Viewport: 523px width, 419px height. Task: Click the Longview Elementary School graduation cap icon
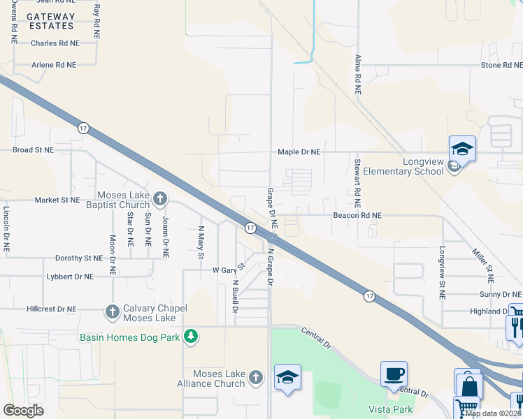pyautogui.click(x=462, y=148)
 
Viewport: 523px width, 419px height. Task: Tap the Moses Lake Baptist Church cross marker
pyautogui.click(x=160, y=200)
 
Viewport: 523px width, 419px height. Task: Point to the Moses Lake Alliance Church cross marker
pyautogui.click(x=256, y=378)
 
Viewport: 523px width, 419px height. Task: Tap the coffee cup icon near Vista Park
pyautogui.click(x=394, y=374)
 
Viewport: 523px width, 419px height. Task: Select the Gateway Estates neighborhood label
pyautogui.click(x=51, y=21)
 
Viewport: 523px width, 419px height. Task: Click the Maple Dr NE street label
pyautogui.click(x=299, y=152)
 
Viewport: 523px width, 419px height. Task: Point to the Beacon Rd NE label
pyautogui.click(x=357, y=216)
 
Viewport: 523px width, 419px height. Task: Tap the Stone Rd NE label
pyautogui.click(x=501, y=65)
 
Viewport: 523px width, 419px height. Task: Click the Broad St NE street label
pyautogui.click(x=33, y=150)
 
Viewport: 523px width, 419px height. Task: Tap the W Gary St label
pyautogui.click(x=229, y=269)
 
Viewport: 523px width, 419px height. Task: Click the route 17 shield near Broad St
pyautogui.click(x=83, y=128)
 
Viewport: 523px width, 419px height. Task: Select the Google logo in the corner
pyautogui.click(x=23, y=410)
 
